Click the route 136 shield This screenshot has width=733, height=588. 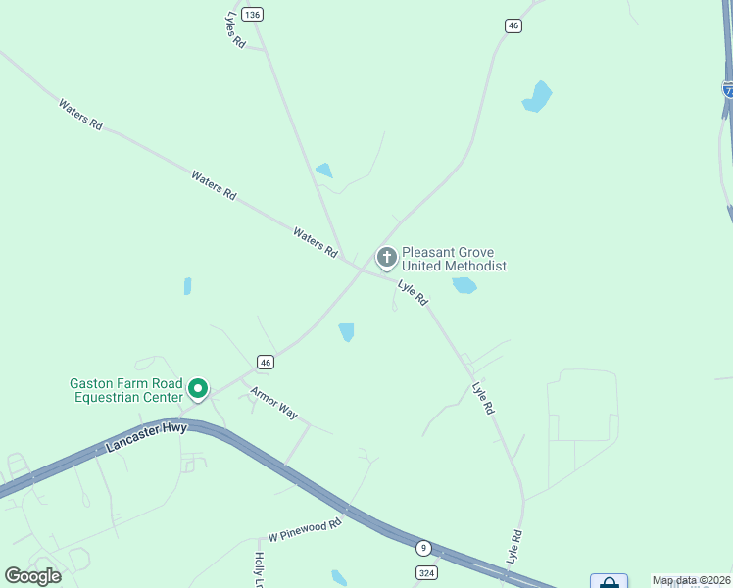(x=253, y=14)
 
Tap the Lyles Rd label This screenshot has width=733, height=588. (x=234, y=32)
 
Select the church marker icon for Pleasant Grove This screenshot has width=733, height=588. (x=387, y=258)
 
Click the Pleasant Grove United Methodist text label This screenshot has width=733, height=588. (x=454, y=259)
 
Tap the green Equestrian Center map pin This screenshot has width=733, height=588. (x=197, y=389)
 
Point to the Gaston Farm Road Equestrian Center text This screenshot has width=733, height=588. (x=125, y=390)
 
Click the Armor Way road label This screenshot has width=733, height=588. (x=273, y=403)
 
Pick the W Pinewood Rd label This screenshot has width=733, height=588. (x=305, y=530)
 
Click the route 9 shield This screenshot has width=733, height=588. (x=423, y=547)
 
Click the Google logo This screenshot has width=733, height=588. (x=33, y=575)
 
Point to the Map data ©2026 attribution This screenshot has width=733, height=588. (x=691, y=580)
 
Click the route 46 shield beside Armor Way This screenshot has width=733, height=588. (x=265, y=362)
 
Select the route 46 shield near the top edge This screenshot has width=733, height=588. (x=513, y=25)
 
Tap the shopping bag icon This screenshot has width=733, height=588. (x=609, y=582)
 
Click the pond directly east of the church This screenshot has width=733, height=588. (x=464, y=285)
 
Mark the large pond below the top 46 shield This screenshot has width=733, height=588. (x=537, y=97)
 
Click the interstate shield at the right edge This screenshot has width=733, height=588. (x=728, y=88)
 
